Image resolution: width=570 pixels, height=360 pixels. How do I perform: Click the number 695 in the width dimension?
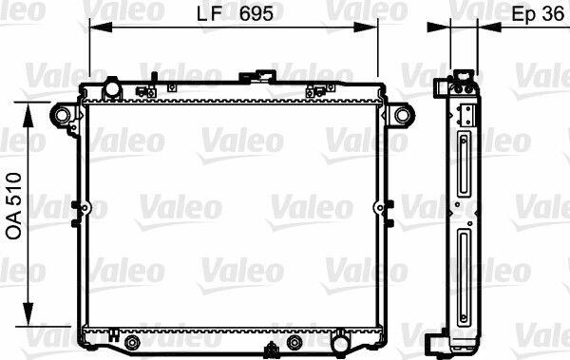click(x=256, y=14)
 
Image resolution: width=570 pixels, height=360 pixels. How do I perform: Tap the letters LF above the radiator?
click(x=209, y=14)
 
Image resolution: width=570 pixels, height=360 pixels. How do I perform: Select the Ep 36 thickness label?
click(x=538, y=14)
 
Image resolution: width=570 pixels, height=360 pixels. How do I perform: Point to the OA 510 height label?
click(x=14, y=206)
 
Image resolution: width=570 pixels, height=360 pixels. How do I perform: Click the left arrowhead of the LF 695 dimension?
click(x=101, y=27)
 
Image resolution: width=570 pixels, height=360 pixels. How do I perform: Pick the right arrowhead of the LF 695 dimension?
click(x=366, y=27)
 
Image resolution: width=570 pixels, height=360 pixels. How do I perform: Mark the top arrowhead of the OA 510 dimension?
click(x=28, y=115)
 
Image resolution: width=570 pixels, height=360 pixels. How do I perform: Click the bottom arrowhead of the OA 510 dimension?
click(x=28, y=313)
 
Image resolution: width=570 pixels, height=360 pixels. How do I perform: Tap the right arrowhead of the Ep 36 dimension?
click(x=489, y=27)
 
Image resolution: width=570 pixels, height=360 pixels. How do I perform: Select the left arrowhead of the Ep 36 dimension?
click(x=439, y=27)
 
